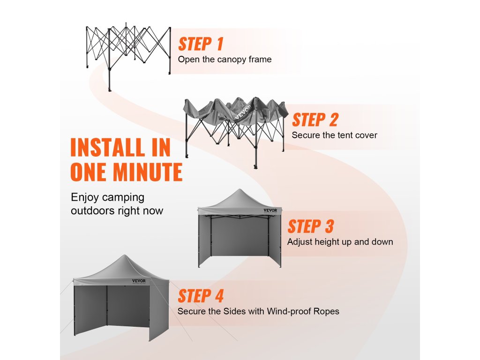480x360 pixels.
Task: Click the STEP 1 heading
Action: click(x=201, y=44)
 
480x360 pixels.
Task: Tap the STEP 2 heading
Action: click(x=315, y=120)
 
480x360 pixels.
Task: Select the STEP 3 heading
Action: click(x=310, y=226)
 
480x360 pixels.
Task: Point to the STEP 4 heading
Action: click(x=201, y=296)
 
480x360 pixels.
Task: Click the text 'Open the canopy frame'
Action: click(x=225, y=60)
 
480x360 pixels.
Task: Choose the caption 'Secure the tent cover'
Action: click(x=334, y=135)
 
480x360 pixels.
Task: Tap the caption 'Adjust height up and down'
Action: click(x=340, y=242)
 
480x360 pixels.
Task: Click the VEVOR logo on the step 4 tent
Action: click(x=139, y=281)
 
